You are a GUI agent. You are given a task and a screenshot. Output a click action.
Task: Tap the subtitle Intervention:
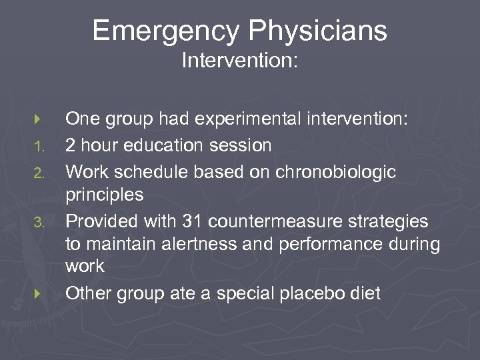tap(240, 61)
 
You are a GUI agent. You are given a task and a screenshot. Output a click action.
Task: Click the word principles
tap(104, 195)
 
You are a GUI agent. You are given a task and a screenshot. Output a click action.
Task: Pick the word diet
tap(365, 293)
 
